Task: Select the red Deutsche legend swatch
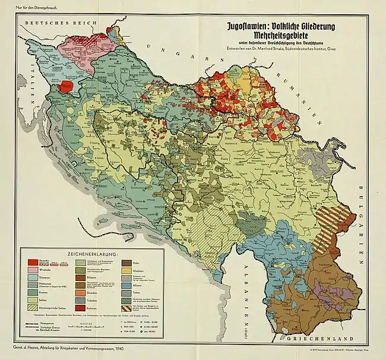click(33, 262)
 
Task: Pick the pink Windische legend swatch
click(33, 270)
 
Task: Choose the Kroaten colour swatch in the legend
click(33, 292)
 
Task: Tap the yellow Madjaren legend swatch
click(126, 270)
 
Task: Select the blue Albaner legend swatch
click(126, 285)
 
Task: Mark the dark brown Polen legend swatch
click(126, 263)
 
